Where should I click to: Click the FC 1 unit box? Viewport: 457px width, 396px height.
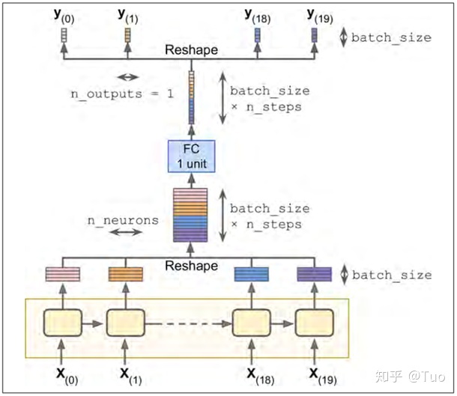pos(191,155)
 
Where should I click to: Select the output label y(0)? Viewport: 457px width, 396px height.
pos(64,14)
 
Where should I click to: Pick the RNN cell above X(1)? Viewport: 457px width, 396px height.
pos(125,323)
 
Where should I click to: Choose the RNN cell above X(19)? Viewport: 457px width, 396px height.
pos(313,323)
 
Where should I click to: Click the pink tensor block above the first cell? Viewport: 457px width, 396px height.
pos(64,274)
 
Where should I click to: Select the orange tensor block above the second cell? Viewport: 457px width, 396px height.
pos(125,274)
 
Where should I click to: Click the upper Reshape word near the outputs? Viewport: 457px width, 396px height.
pos(192,50)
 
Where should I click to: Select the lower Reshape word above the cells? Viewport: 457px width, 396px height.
pos(192,266)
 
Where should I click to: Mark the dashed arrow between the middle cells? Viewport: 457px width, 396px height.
pos(187,323)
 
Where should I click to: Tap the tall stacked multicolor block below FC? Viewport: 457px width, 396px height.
pos(190,215)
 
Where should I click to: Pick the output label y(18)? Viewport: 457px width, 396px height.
pos(257,14)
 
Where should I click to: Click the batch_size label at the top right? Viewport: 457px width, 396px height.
pos(391,37)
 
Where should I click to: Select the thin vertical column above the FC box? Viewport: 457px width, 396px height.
pos(192,97)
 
